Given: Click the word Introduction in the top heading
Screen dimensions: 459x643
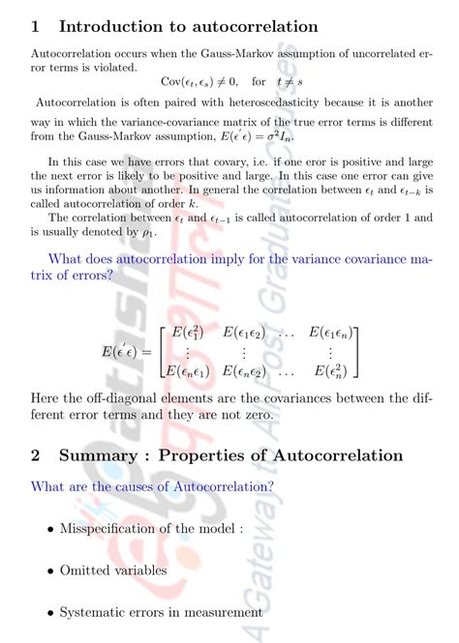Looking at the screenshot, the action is [x=112, y=26].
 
